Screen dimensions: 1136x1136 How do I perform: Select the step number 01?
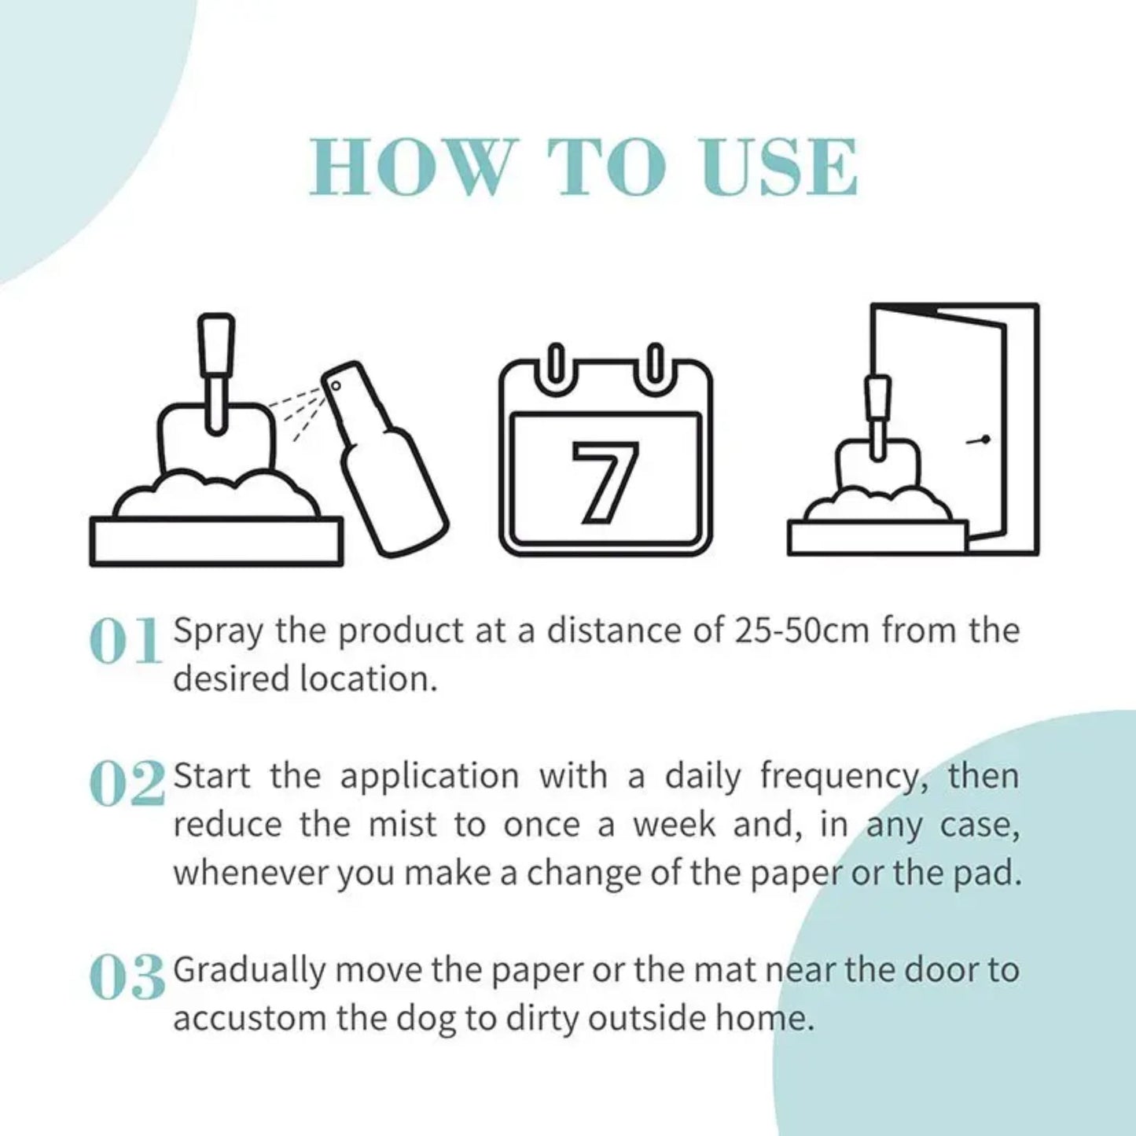pos(126,642)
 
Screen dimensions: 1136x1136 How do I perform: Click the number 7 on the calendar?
pos(605,482)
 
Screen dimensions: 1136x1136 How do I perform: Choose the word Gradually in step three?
pos(248,971)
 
